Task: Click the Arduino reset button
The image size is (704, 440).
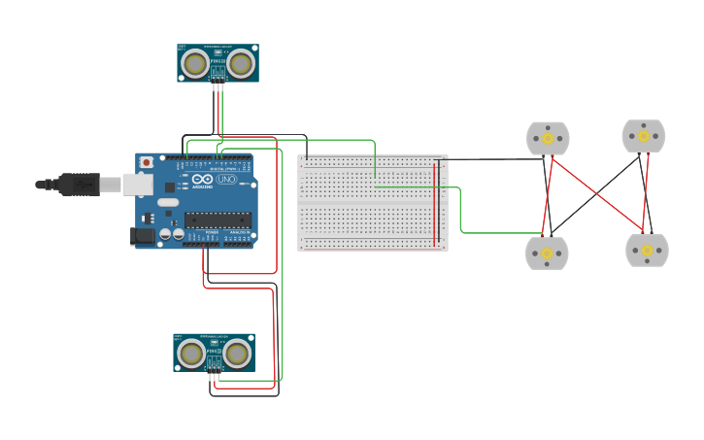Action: [147, 162]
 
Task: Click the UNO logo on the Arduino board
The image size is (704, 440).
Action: [226, 180]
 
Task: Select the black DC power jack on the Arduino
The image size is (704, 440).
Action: [143, 235]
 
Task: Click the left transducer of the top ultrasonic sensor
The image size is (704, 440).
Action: [195, 63]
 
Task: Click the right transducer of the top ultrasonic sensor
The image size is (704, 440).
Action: [241, 63]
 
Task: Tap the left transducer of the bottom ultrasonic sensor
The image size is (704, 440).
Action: [191, 354]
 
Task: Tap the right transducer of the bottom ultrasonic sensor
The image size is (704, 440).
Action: [237, 354]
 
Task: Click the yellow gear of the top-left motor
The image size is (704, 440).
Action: [548, 139]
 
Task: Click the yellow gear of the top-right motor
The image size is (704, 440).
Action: [644, 136]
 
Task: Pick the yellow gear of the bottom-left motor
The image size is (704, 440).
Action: [547, 254]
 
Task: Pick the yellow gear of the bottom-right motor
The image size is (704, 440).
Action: [647, 251]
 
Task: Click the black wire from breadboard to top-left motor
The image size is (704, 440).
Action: [490, 159]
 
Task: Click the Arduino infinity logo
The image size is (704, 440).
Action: [202, 180]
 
